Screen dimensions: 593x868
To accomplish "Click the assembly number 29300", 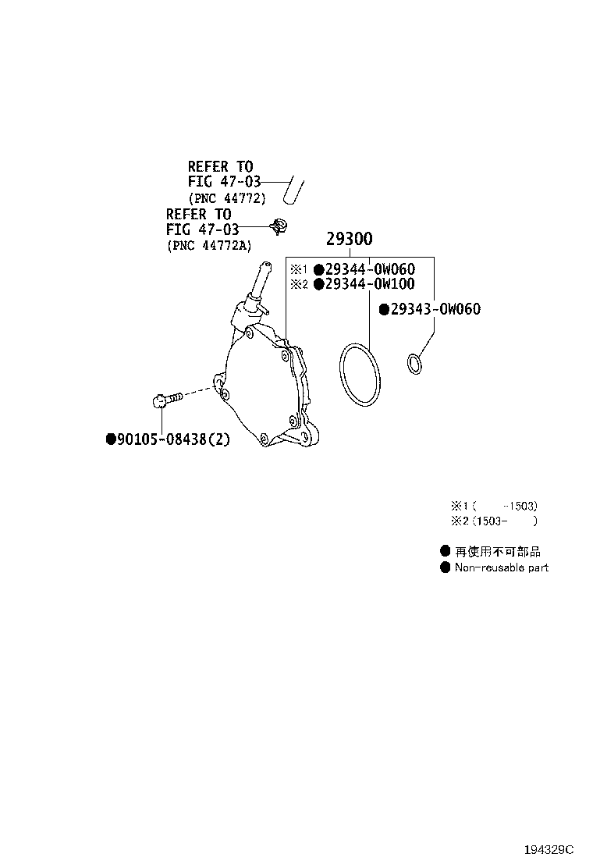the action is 349,239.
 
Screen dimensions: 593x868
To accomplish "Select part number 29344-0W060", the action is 370,269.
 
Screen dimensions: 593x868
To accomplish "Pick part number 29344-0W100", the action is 370,284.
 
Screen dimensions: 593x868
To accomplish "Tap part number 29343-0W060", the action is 435,309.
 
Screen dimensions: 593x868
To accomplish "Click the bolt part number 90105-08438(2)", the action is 172,439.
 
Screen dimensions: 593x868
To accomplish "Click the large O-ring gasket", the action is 360,375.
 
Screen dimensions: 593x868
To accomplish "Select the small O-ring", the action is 414,363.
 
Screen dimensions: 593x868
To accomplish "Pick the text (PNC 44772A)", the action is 209,245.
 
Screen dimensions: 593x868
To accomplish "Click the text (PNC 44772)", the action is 227,198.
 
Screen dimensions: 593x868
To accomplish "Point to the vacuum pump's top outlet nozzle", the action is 258,279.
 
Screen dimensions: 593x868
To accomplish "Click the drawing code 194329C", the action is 549,849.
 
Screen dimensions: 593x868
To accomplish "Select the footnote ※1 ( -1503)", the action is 494,505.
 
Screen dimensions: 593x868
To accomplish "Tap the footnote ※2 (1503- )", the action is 494,521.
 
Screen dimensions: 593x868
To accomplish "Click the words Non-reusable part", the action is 502,567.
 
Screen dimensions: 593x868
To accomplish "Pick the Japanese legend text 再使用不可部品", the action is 498,551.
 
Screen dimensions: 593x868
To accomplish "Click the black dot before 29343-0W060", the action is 385,309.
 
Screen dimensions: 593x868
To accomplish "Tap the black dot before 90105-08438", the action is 111,439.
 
